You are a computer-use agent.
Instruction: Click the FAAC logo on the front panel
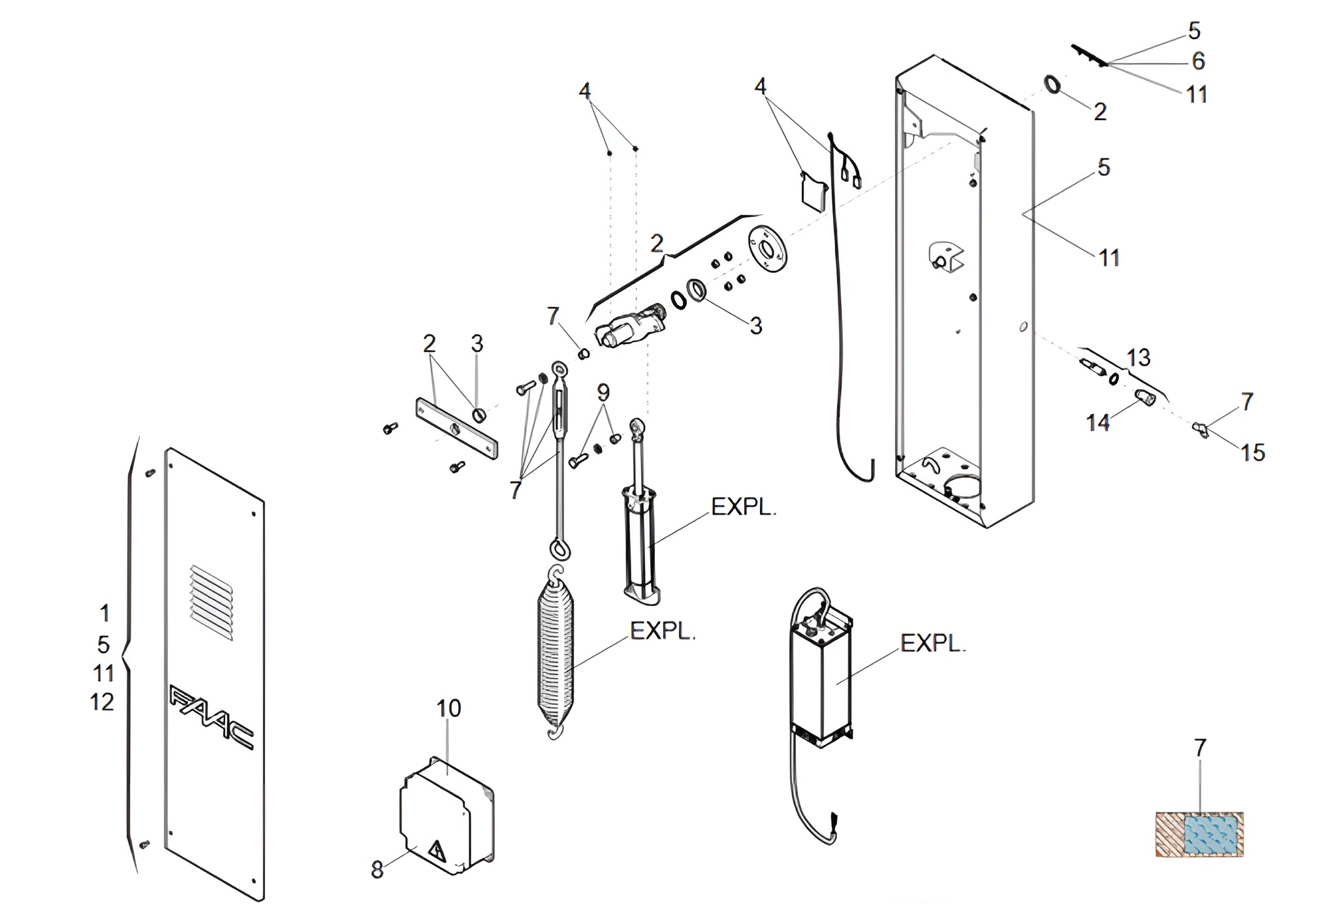point(212,717)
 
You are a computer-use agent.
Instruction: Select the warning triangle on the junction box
point(435,851)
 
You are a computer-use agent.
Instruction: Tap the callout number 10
point(448,709)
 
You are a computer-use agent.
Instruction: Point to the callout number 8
point(377,869)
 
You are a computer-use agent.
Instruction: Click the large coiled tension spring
point(555,654)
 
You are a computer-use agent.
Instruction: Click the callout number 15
point(1253,453)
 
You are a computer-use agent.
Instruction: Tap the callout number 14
point(1098,423)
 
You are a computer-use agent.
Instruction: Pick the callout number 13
point(1139,357)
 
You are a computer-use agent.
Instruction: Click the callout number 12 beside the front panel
point(102,702)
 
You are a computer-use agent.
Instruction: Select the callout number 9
point(603,392)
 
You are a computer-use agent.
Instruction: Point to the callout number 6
point(1198,61)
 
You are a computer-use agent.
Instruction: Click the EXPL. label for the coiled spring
point(662,631)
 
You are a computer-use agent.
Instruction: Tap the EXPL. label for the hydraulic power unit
point(933,643)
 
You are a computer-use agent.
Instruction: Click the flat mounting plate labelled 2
point(457,428)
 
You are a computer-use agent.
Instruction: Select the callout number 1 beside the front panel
point(104,613)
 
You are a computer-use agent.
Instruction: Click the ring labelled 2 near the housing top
point(1052,84)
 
